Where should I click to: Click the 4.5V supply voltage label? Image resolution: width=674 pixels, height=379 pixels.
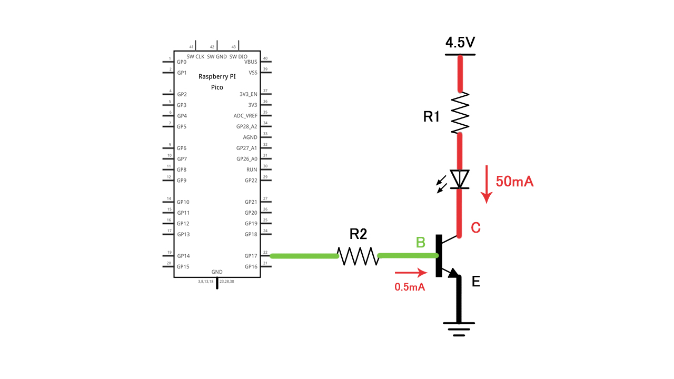[x=460, y=43]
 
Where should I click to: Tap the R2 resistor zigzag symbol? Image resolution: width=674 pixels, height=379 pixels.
[x=358, y=256]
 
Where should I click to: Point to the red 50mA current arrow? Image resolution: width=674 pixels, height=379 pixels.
[x=487, y=184]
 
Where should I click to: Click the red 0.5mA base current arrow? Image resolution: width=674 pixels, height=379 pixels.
[x=411, y=273]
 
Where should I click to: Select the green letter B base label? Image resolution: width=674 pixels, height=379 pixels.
[x=421, y=243]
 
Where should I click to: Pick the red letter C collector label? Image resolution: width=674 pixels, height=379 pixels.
[x=475, y=228]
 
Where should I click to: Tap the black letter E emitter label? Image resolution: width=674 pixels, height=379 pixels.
[x=476, y=282]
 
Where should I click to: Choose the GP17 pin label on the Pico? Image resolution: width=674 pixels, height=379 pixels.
[x=251, y=256]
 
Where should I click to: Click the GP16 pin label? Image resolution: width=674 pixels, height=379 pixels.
[x=251, y=266]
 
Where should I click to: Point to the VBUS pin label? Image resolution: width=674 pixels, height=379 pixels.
[x=251, y=62]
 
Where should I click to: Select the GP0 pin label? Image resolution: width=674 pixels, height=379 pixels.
[x=182, y=62]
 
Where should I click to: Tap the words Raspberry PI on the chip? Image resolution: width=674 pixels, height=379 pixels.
[x=217, y=76]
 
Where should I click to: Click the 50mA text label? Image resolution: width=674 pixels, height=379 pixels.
[x=514, y=182]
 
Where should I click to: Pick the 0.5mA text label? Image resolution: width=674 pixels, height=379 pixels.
[x=410, y=287]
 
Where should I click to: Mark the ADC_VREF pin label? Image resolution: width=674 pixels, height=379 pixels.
[x=245, y=116]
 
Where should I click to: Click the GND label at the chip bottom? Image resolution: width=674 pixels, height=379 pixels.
[x=217, y=272]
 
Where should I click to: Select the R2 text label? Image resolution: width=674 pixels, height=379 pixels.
[x=358, y=234]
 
